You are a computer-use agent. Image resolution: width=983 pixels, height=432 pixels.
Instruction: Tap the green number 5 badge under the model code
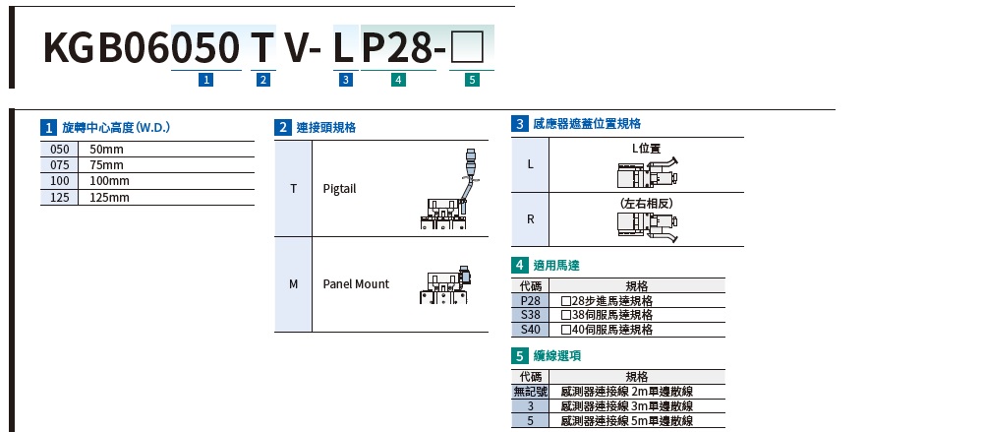pyautogui.click(x=473, y=81)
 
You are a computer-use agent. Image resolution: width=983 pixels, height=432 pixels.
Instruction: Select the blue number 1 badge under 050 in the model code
pyautogui.click(x=205, y=81)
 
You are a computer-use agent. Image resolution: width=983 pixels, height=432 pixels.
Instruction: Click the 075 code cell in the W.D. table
pyautogui.click(x=59, y=165)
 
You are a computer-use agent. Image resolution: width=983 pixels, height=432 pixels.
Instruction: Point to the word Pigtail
pyautogui.click(x=339, y=188)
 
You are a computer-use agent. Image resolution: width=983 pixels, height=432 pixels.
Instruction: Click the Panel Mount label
pyautogui.click(x=356, y=284)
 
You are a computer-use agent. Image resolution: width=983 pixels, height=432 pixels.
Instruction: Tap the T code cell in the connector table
pyautogui.click(x=293, y=188)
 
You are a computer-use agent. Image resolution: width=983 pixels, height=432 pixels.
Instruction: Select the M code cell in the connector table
pyautogui.click(x=293, y=284)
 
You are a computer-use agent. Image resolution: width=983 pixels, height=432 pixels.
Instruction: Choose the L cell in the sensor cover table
pyautogui.click(x=531, y=163)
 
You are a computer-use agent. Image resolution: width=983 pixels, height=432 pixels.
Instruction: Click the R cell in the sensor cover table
pyautogui.click(x=531, y=218)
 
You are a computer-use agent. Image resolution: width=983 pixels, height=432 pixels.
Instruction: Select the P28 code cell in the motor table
pyautogui.click(x=531, y=301)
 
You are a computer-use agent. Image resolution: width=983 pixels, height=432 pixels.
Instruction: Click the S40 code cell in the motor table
pyautogui.click(x=531, y=329)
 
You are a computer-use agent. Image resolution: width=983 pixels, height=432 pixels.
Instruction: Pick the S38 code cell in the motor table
pyautogui.click(x=531, y=315)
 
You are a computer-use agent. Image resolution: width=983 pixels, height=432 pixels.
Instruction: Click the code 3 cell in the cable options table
pyautogui.click(x=531, y=405)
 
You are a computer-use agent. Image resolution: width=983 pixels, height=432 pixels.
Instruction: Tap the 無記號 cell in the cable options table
pyautogui.click(x=531, y=392)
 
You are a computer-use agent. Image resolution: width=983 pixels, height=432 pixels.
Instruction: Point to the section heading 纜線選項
pyautogui.click(x=556, y=355)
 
